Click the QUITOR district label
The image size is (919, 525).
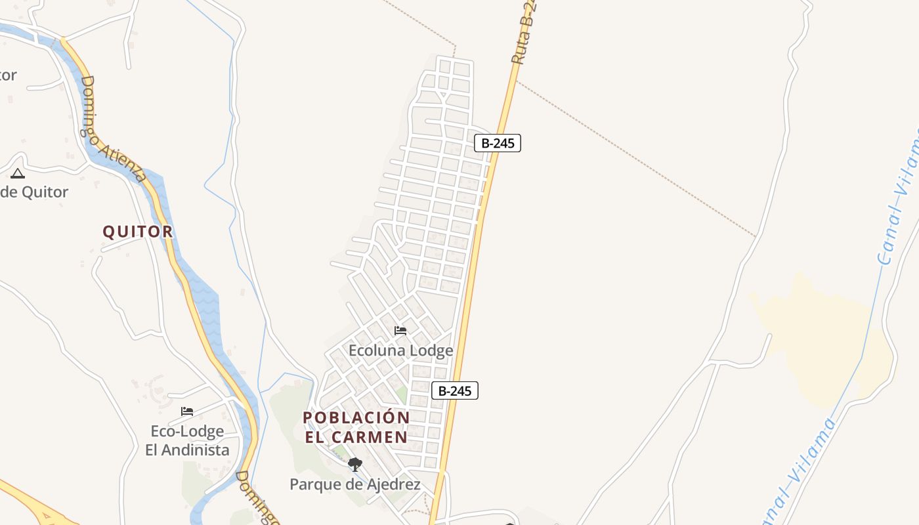point(138,232)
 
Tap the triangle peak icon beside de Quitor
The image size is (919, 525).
point(18,173)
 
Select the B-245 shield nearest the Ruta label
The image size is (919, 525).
point(497,143)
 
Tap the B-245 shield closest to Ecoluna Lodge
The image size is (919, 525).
point(454,390)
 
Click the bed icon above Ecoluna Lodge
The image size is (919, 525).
point(400,331)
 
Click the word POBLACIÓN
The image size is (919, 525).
point(356,417)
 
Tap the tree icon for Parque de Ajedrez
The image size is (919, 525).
point(355,465)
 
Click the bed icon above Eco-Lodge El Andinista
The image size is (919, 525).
point(187,411)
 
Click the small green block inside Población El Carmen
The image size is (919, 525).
point(401,395)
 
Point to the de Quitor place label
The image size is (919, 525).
point(34,192)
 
